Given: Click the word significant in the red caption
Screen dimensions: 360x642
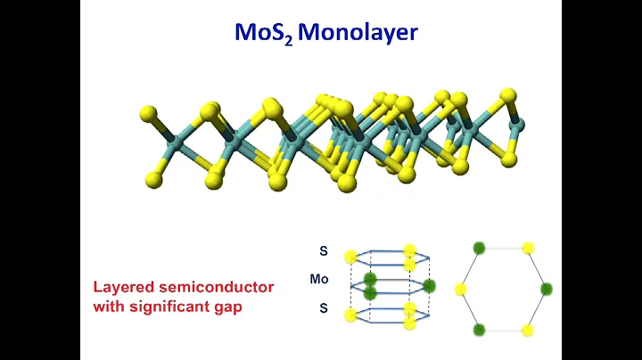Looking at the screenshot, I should (x=168, y=306).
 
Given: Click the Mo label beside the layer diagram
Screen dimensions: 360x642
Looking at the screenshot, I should (x=319, y=280).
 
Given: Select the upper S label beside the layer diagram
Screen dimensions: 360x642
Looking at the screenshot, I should (x=323, y=251).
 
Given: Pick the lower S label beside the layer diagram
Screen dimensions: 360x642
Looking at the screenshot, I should (x=323, y=308).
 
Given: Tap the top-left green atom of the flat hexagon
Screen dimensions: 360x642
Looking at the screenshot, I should (x=480, y=248).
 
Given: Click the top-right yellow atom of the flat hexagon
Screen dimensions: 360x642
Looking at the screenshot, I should (x=528, y=248).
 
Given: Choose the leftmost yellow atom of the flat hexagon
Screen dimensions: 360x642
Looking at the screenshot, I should (x=461, y=289).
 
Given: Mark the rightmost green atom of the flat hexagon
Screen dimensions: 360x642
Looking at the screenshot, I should (x=546, y=289).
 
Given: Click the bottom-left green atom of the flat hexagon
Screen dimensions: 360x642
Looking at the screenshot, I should (x=480, y=330).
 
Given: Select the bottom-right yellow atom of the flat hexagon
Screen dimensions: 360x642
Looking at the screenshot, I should (x=528, y=330).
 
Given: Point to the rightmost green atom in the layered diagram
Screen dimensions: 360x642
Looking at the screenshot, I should (x=430, y=286).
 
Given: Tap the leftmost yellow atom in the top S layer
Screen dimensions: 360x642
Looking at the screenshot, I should (x=350, y=258).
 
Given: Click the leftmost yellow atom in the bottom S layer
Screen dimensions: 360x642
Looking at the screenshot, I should (x=350, y=315).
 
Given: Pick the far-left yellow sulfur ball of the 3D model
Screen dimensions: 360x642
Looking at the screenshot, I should (x=147, y=114).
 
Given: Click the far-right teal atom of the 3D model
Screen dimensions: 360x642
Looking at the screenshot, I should (x=520, y=126).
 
